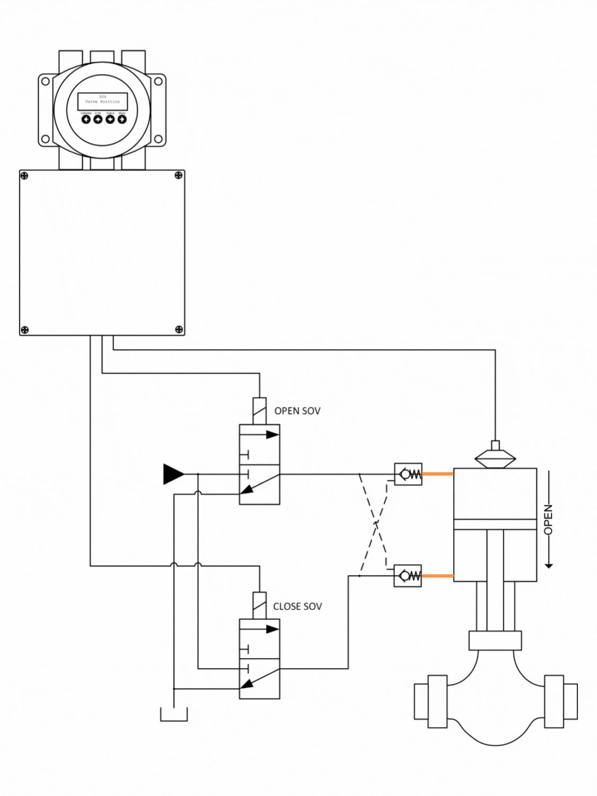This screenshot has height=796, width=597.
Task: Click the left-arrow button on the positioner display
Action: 86,119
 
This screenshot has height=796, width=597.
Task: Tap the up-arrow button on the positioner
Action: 98,119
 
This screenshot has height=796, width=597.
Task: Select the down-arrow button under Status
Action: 110,119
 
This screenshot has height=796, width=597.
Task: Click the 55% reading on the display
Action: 102,97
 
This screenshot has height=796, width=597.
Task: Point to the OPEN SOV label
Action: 297,411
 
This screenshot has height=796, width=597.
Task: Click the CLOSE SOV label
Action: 297,607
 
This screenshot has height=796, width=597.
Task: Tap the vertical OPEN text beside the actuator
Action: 548,519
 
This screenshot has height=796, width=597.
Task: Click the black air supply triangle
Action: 173,474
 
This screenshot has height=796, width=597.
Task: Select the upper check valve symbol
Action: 408,474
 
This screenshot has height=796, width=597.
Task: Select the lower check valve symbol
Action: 408,576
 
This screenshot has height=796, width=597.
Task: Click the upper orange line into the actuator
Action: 438,474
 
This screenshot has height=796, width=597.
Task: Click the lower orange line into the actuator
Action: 438,576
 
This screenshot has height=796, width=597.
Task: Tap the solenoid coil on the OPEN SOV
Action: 259,411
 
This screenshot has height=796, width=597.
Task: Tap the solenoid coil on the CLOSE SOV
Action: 259,605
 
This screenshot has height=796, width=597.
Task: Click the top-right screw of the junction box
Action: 179,176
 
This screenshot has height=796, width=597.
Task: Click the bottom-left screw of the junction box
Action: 24,330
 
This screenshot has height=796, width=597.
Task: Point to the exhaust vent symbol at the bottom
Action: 174,715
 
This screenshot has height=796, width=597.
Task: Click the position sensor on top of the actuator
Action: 495,456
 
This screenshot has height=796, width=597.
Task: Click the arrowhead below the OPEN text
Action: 549,566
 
